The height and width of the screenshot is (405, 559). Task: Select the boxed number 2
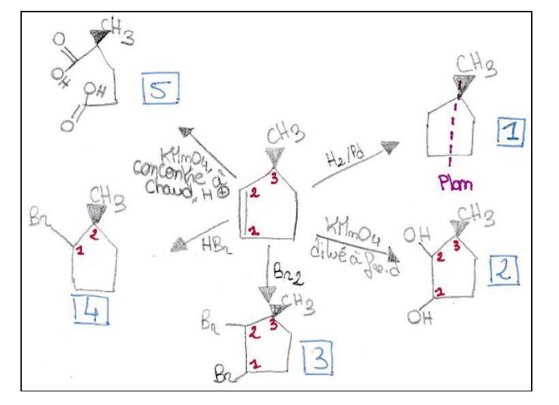coord(504,271)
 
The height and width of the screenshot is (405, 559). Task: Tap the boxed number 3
coord(318,359)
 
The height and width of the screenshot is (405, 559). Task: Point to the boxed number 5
coord(160,89)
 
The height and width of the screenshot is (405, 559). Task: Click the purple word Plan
coord(456,183)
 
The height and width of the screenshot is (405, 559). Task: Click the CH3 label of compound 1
coord(476,65)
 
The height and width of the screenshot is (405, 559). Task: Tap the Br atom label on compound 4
coord(37,220)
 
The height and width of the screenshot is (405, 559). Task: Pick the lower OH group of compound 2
coord(421,317)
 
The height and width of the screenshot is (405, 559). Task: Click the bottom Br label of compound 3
coord(223,374)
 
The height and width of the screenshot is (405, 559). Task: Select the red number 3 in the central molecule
coord(273,179)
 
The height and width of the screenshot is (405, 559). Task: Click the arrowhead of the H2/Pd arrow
coord(390,147)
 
